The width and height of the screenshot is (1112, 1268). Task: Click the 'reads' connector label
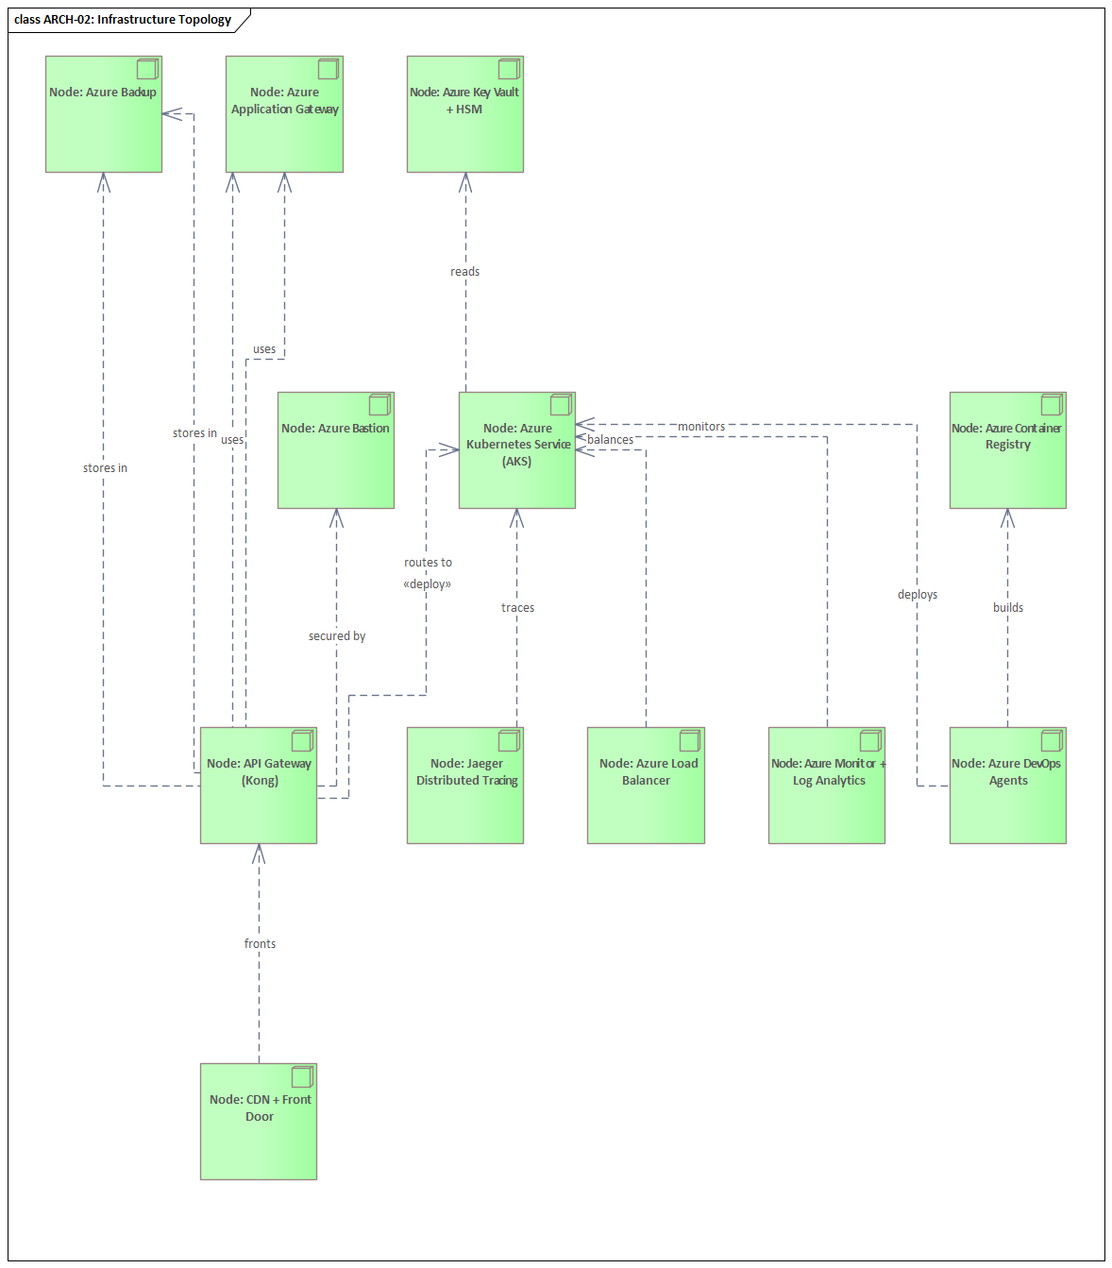[x=464, y=272]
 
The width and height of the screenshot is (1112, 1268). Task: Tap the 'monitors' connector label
[x=701, y=427]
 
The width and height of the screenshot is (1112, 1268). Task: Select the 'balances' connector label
[x=611, y=440]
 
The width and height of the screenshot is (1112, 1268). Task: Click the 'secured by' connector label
[x=337, y=636]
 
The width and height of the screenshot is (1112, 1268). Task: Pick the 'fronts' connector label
[x=260, y=944]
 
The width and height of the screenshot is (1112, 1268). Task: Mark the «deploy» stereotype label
[x=428, y=584]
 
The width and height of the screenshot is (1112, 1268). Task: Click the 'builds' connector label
[x=1008, y=608]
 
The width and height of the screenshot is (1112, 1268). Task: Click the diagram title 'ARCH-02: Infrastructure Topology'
[x=123, y=20]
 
